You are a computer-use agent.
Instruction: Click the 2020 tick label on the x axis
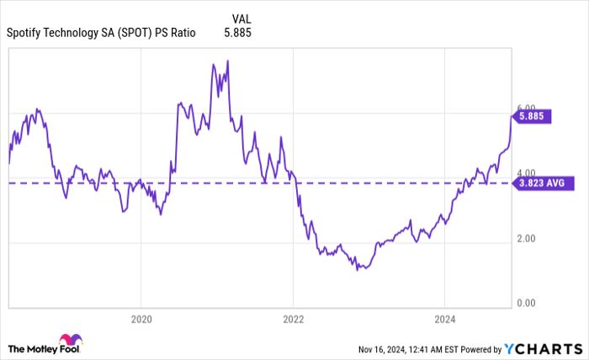(141, 319)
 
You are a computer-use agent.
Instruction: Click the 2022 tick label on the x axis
(293, 319)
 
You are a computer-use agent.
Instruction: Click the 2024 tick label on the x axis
(444, 319)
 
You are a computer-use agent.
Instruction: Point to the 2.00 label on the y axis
(526, 239)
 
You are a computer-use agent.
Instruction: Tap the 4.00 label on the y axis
(526, 173)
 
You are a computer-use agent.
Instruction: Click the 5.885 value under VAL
(237, 34)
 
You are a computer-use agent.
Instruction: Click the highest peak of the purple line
(214, 62)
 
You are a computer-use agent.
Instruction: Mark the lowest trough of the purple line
(358, 270)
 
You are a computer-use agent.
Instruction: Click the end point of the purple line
(511, 118)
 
